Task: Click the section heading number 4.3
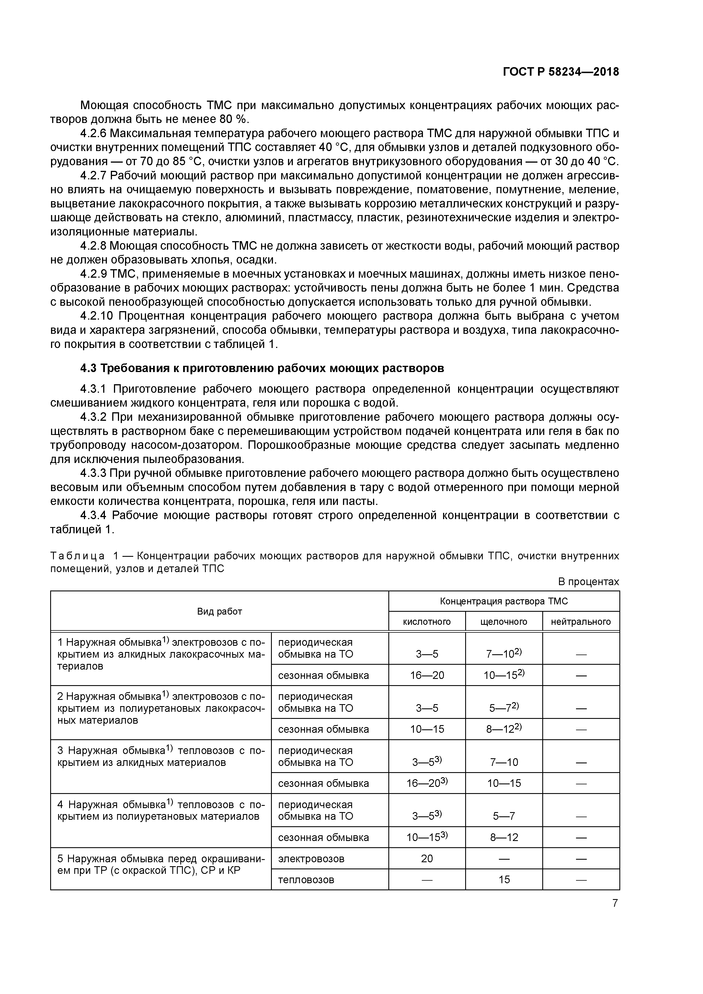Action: (88, 368)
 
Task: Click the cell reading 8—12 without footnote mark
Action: (504, 837)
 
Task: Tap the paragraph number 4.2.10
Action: (96, 316)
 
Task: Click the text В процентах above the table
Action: (588, 581)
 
